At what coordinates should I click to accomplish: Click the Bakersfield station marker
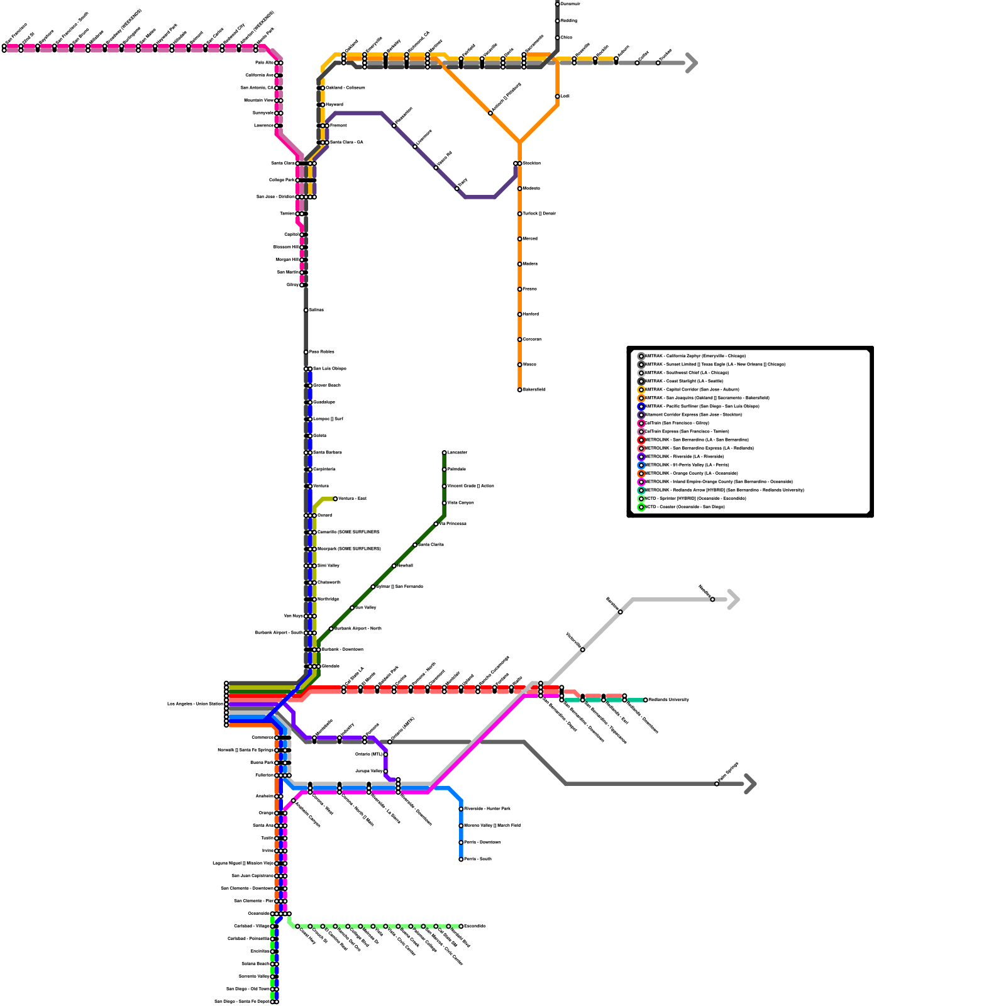(x=519, y=390)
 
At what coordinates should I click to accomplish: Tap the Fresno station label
(x=530, y=289)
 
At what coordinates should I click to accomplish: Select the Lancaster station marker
(x=444, y=453)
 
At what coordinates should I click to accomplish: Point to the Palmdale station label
(x=456, y=469)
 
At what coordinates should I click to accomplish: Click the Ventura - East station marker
(x=335, y=499)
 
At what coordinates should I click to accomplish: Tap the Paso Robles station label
(x=322, y=352)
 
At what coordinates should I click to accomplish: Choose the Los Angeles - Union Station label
(x=195, y=704)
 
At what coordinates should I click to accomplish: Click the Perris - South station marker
(x=461, y=859)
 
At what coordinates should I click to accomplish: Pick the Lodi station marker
(x=557, y=96)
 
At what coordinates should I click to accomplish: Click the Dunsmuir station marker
(x=557, y=4)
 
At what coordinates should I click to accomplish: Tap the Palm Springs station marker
(x=717, y=783)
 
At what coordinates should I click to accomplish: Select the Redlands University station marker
(x=645, y=700)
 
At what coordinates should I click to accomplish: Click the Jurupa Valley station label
(x=369, y=771)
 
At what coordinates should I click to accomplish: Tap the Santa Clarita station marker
(x=415, y=544)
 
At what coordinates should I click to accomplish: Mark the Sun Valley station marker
(x=352, y=607)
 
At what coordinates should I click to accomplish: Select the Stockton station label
(x=531, y=163)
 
